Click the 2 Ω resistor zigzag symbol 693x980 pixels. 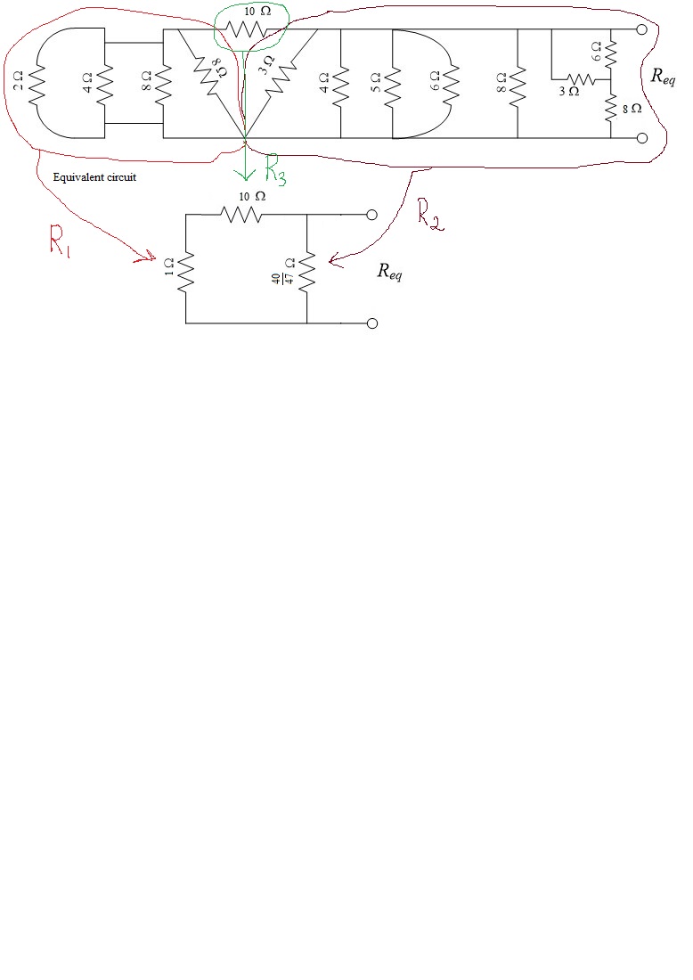[37, 83]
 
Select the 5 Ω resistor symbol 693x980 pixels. [392, 83]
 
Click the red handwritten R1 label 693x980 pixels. [60, 241]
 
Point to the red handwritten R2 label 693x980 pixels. [430, 216]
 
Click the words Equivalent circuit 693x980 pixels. [94, 177]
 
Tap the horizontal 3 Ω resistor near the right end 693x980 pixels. [581, 79]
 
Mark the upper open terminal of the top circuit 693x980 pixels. [641, 29]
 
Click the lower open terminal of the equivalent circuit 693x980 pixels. [371, 323]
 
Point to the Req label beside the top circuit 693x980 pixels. [663, 77]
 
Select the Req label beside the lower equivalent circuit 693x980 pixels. [389, 271]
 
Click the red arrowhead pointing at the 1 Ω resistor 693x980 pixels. [148, 256]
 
